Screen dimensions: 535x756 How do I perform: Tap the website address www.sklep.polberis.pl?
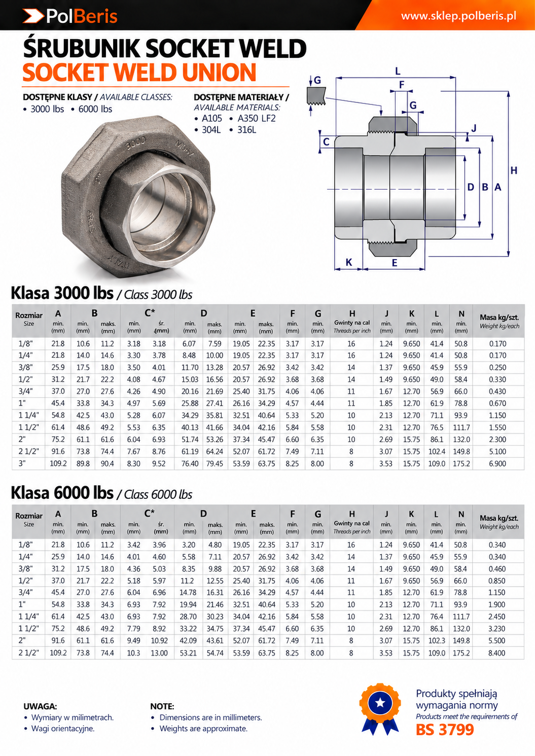[x=458, y=16]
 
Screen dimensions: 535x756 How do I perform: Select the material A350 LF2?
[x=257, y=119]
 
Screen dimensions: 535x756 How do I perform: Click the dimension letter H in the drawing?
[x=513, y=170]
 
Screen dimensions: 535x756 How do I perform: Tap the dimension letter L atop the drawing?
[x=398, y=71]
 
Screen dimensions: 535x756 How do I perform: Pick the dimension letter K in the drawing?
[x=349, y=262]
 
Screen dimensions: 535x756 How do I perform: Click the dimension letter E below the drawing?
[x=394, y=263]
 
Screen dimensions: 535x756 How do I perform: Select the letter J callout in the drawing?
[x=474, y=128]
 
